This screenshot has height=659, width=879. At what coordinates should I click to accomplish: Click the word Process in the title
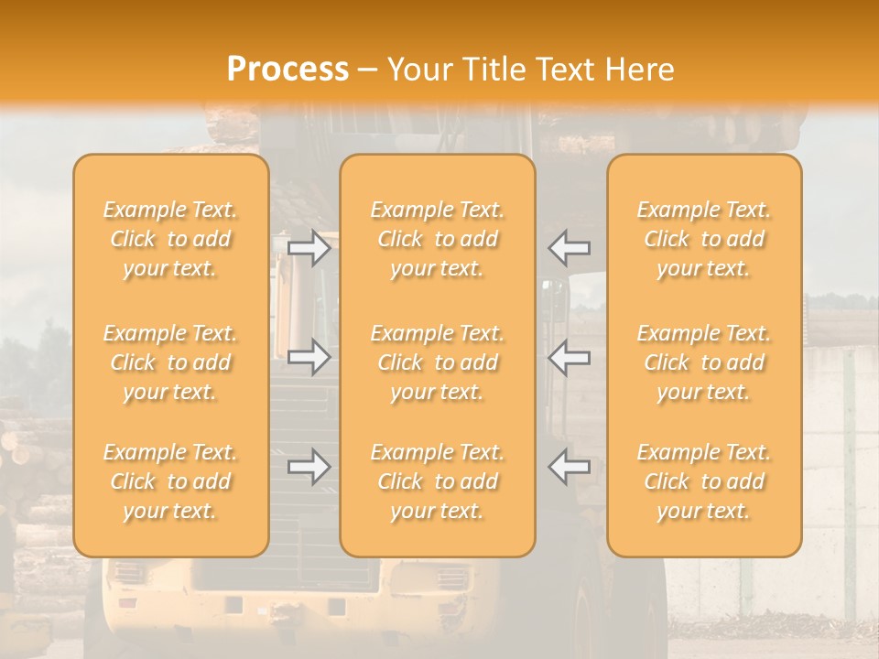point(288,69)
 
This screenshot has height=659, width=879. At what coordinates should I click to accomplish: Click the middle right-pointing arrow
point(309,357)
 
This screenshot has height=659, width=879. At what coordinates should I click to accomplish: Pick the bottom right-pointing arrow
point(309,467)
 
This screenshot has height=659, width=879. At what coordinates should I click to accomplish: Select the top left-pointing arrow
point(569,247)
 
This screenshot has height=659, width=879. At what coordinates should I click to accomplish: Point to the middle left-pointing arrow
point(569,357)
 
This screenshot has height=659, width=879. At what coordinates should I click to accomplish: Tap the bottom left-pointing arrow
point(569,467)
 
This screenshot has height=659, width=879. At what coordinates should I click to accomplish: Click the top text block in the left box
point(170,239)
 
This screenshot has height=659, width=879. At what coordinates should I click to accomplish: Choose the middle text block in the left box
point(170,362)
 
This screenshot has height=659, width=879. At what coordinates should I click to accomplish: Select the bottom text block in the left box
point(170,481)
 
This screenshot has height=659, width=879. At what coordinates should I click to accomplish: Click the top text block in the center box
point(437,239)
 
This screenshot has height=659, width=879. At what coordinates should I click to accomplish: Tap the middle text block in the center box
point(437,362)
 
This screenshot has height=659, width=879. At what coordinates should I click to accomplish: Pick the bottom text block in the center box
point(437,481)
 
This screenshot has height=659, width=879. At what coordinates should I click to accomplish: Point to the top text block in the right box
point(703,239)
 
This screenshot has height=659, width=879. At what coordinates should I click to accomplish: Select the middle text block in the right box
point(703,362)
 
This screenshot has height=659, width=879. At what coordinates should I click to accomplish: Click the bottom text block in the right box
point(703,481)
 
